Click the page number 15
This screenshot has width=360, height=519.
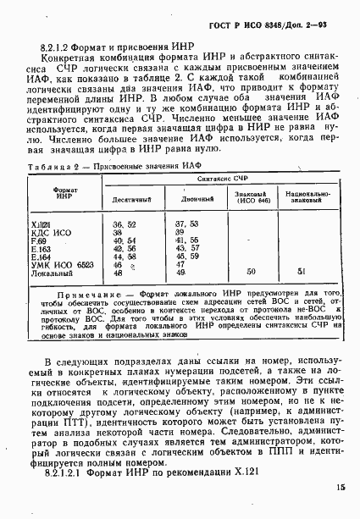(340, 488)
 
